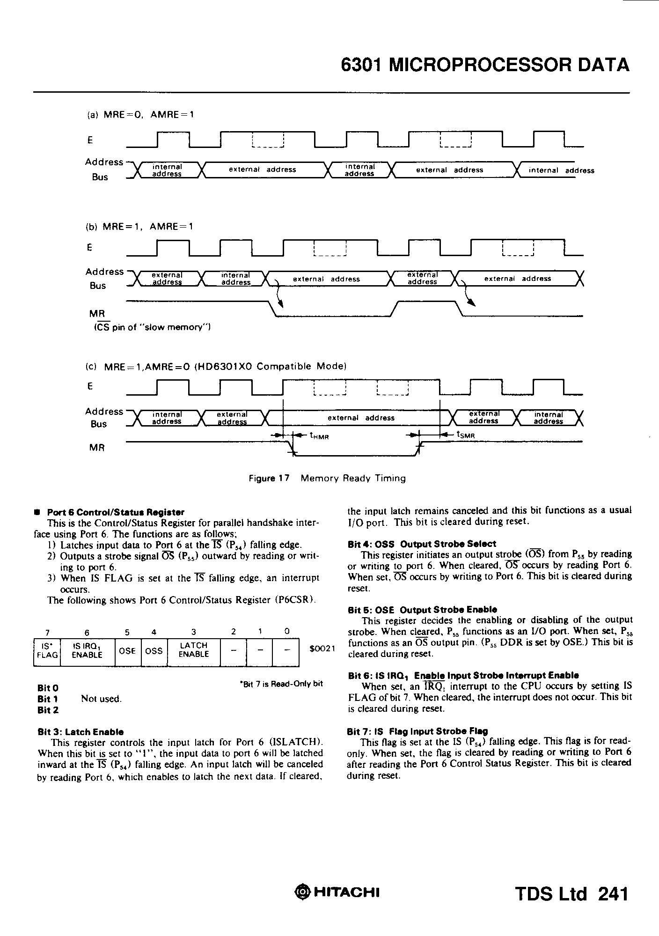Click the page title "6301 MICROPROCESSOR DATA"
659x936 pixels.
point(485,65)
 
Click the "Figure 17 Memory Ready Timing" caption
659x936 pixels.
point(327,478)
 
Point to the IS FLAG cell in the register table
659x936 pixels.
point(47,650)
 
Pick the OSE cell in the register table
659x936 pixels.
point(127,651)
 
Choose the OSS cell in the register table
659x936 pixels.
point(154,651)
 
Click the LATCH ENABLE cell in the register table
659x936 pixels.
point(193,650)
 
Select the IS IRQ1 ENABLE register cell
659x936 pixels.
point(87,650)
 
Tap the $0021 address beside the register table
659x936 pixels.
point(323,649)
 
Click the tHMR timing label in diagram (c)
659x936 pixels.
point(320,435)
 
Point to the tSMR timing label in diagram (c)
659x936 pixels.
point(466,435)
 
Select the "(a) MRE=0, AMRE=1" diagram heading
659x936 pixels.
point(139,114)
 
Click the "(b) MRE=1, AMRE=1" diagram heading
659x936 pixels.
point(139,227)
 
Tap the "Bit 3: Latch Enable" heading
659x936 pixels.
point(81,731)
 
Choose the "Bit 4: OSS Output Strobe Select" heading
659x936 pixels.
point(422,544)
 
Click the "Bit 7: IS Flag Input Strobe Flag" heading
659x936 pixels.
point(417,731)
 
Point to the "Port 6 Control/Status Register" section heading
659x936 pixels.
point(116,512)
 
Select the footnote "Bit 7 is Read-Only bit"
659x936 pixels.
point(281,684)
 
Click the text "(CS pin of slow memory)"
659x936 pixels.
point(151,327)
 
